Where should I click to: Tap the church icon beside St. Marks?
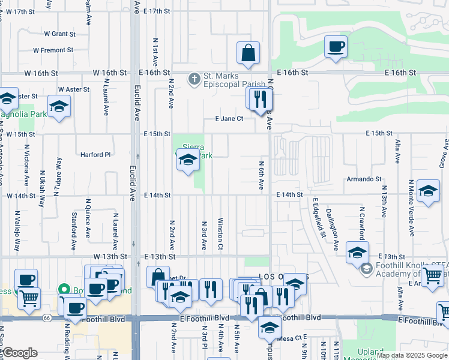point(194,79)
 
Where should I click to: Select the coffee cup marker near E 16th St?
point(336,46)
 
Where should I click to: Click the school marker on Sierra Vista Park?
point(188,160)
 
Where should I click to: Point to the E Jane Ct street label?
point(229,119)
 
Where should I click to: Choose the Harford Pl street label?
point(95,154)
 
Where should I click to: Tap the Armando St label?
point(364,179)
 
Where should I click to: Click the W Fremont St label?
point(53,50)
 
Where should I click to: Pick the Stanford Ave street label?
point(74,230)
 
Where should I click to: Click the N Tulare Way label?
point(58,173)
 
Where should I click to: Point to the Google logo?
point(19,353)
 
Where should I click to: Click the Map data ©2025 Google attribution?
point(412,355)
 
